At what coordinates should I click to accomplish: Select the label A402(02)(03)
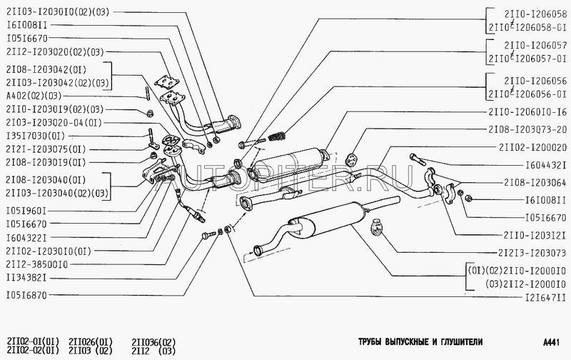coord(34,96)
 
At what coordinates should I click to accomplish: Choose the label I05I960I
coord(26,211)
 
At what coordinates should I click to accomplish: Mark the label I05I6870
coord(26,295)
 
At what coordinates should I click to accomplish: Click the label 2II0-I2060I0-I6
coord(527,113)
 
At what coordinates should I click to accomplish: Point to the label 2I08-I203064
coord(532,182)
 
